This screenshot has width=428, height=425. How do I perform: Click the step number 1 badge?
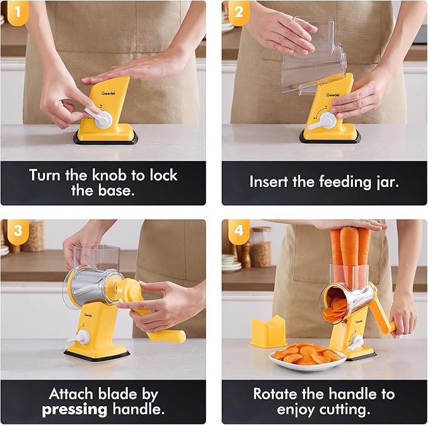pos(18,13)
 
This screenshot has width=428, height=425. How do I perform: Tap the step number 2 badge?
pos(239,13)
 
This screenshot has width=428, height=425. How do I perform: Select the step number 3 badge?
pos(18,231)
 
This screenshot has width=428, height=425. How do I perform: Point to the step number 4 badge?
pos(239,231)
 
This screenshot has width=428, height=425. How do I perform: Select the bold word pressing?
pos(74,410)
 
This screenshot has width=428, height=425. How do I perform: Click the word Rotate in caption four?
pos(275,394)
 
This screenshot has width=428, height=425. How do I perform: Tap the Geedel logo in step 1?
pos(108,93)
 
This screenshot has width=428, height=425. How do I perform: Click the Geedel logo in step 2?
pos(333,95)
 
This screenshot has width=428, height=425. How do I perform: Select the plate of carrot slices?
pos(308,356)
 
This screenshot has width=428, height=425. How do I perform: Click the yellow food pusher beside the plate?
pos(268,332)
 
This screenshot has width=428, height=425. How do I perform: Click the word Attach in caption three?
pos(71,394)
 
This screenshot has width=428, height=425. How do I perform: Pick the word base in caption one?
pos(117,191)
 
